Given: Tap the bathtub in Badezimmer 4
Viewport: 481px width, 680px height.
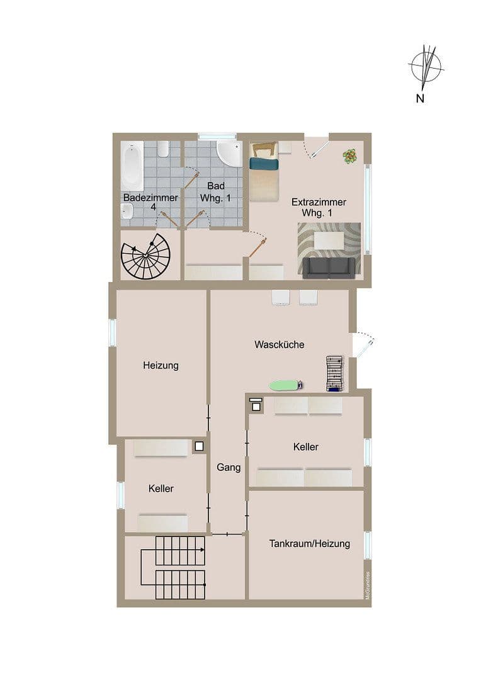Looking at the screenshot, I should [x=133, y=166].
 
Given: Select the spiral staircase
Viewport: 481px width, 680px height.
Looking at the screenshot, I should [x=145, y=256].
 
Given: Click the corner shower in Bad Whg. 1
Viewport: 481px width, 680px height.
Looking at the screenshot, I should [x=229, y=153].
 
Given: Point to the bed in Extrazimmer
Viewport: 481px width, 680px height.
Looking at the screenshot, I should [x=264, y=172].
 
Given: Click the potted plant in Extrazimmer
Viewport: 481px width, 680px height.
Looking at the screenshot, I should [x=349, y=156].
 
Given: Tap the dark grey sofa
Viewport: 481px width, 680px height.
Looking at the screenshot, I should [x=328, y=268].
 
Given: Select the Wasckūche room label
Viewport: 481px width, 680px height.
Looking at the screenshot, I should [x=280, y=344].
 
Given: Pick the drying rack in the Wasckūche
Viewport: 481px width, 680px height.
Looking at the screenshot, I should [x=334, y=373].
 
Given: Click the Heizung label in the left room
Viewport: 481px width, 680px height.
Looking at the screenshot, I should [x=161, y=365].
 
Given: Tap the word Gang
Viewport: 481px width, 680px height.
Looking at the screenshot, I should [x=229, y=467].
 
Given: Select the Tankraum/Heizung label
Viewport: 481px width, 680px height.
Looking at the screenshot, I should [x=309, y=543].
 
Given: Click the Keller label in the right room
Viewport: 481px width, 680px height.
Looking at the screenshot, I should [x=305, y=446].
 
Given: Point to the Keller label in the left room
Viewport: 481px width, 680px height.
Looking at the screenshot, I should [x=161, y=488].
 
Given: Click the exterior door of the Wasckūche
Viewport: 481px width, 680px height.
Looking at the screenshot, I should [x=363, y=343].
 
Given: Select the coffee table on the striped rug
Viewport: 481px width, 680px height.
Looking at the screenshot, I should [x=331, y=240].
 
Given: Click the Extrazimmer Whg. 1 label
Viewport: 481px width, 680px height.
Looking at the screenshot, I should [x=319, y=208].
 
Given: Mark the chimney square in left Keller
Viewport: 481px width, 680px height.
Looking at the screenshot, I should [x=199, y=446].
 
